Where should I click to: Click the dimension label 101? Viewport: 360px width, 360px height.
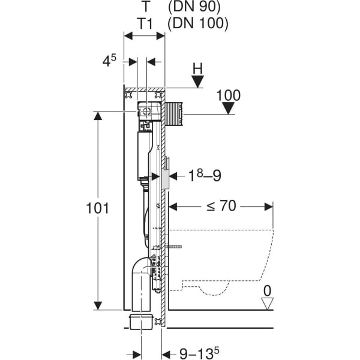(97, 209)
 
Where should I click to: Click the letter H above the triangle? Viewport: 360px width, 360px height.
(197, 68)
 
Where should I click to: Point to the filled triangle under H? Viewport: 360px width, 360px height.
(197, 82)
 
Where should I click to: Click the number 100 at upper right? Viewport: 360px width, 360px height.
(228, 95)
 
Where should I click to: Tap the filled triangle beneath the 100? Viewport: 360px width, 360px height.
(228, 109)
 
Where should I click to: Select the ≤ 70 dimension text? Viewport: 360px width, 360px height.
(221, 206)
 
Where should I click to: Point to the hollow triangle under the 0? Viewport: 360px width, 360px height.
(268, 304)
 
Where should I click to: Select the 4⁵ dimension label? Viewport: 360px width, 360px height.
(108, 61)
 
